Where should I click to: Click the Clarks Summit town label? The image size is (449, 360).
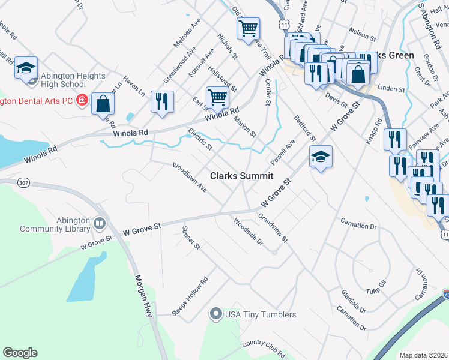241,176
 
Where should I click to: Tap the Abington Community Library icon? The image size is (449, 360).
99,224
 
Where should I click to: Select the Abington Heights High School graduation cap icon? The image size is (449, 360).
26,68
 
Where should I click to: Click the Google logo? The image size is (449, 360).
20,353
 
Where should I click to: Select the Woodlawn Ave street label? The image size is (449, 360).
189,178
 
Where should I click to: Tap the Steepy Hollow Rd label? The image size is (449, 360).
190,291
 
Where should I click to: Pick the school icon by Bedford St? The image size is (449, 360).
321,157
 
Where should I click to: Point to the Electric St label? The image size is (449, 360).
200,139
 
